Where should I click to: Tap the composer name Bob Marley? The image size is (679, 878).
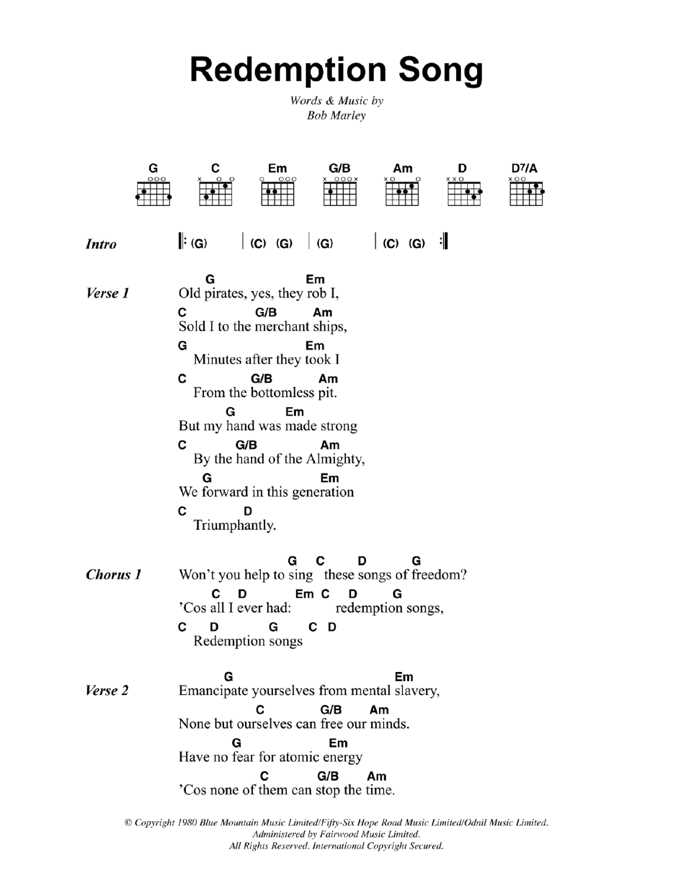[336, 115]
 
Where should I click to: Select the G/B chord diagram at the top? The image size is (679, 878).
[339, 192]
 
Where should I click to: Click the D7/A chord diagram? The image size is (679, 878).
[526, 192]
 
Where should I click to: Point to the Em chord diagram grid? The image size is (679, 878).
[277, 193]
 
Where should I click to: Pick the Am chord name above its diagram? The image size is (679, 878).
[402, 169]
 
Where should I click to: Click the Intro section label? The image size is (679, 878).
[101, 244]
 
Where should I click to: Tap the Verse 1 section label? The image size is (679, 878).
[107, 293]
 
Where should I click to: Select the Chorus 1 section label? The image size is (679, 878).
[114, 575]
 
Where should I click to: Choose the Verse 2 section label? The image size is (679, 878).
[107, 691]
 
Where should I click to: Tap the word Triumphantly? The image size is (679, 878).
[235, 526]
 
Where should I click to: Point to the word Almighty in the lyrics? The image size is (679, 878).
[336, 459]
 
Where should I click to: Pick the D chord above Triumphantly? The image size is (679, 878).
[247, 511]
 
